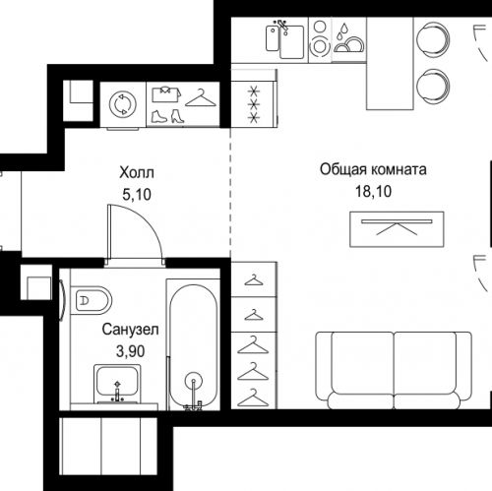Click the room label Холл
[137, 172]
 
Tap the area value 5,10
[137, 195]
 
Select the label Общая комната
[373, 169]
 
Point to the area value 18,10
[373, 191]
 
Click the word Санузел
[130, 330]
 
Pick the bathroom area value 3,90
[130, 351]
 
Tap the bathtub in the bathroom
[194, 346]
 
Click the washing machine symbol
[122, 104]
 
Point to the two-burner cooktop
[320, 39]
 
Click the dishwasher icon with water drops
[348, 39]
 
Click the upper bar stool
[433, 39]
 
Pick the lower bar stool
[433, 86]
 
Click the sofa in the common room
[394, 370]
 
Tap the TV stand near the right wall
[397, 229]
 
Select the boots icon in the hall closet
[167, 116]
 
